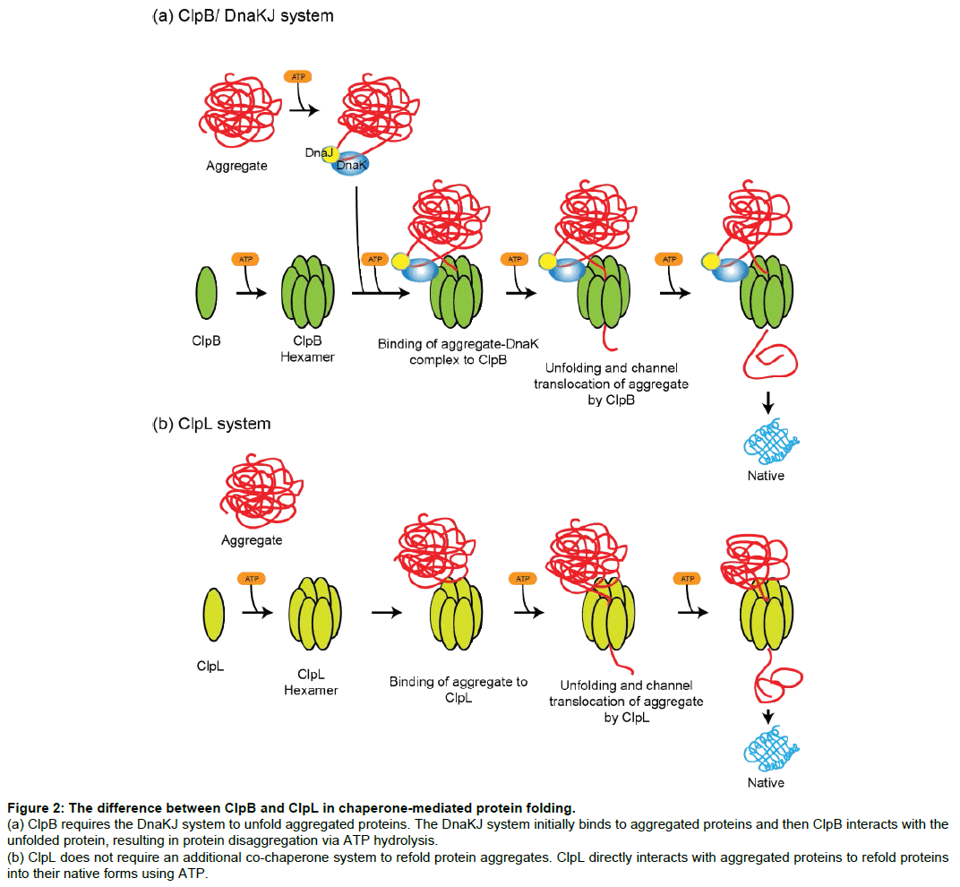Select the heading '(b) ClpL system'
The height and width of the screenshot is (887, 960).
tap(211, 423)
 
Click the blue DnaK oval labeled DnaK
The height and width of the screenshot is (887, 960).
tap(351, 165)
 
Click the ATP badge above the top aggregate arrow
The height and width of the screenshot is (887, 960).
tap(298, 78)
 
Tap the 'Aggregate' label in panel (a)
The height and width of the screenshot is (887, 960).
tap(237, 165)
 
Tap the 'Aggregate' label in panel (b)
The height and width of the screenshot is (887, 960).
tap(252, 540)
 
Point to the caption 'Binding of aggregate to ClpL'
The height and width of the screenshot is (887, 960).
tap(458, 689)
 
